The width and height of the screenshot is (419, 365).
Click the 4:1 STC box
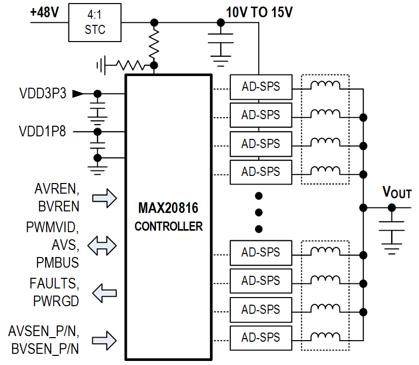pyautogui.click(x=95, y=23)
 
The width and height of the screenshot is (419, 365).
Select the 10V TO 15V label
pyautogui.click(x=259, y=13)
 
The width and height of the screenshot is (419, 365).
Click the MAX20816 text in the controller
pyautogui.click(x=168, y=209)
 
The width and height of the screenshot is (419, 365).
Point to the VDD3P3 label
pyautogui.click(x=43, y=94)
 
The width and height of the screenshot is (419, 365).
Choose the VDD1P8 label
pyautogui.click(x=43, y=132)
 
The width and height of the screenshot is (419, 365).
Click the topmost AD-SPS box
pyautogui.click(x=261, y=87)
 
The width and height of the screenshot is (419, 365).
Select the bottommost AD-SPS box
pyautogui.click(x=261, y=337)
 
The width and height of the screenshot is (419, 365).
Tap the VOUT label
pyautogui.click(x=396, y=193)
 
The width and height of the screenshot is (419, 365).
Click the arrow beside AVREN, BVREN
pyautogui.click(x=105, y=198)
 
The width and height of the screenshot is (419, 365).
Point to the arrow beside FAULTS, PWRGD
pyautogui.click(x=104, y=293)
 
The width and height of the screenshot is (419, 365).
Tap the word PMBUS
pyautogui.click(x=57, y=263)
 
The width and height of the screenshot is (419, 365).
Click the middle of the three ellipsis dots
pyautogui.click(x=259, y=212)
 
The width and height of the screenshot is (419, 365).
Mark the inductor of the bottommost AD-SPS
pyautogui.click(x=325, y=336)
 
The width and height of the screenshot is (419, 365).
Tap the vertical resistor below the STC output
pyautogui.click(x=154, y=44)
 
